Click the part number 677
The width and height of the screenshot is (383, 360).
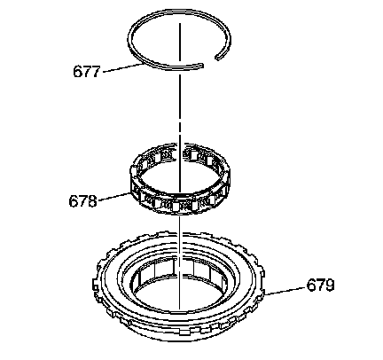[x=87, y=72]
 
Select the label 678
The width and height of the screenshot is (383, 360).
[x=82, y=201]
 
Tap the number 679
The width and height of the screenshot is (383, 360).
[x=320, y=286]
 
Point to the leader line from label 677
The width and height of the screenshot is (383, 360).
[x=121, y=67]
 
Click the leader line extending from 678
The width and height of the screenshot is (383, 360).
[x=114, y=197]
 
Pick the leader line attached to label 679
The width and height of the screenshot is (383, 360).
[x=285, y=291]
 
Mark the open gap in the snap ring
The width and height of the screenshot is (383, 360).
[x=210, y=61]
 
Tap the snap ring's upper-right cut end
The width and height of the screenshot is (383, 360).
[x=217, y=58]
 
